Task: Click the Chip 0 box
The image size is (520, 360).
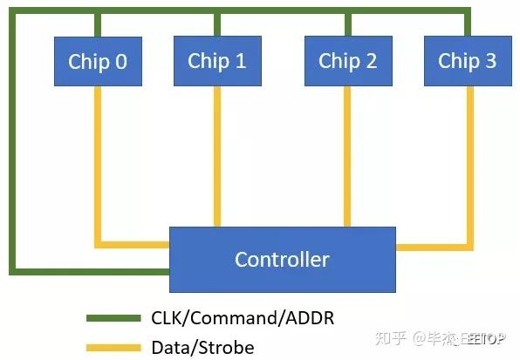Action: [98, 61]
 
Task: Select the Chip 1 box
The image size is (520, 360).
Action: [217, 60]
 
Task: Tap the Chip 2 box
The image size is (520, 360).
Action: [347, 60]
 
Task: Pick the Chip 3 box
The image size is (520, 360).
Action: [467, 60]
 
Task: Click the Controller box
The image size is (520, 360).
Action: [282, 259]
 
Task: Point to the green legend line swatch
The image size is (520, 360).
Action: [113, 318]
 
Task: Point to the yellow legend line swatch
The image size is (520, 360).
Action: [113, 348]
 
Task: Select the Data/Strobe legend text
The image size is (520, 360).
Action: [202, 348]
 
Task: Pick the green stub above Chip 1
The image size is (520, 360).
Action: [217, 24]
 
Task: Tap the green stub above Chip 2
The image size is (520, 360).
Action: [347, 24]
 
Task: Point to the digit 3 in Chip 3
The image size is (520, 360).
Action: [490, 61]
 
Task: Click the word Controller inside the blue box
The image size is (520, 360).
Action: [282, 259]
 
